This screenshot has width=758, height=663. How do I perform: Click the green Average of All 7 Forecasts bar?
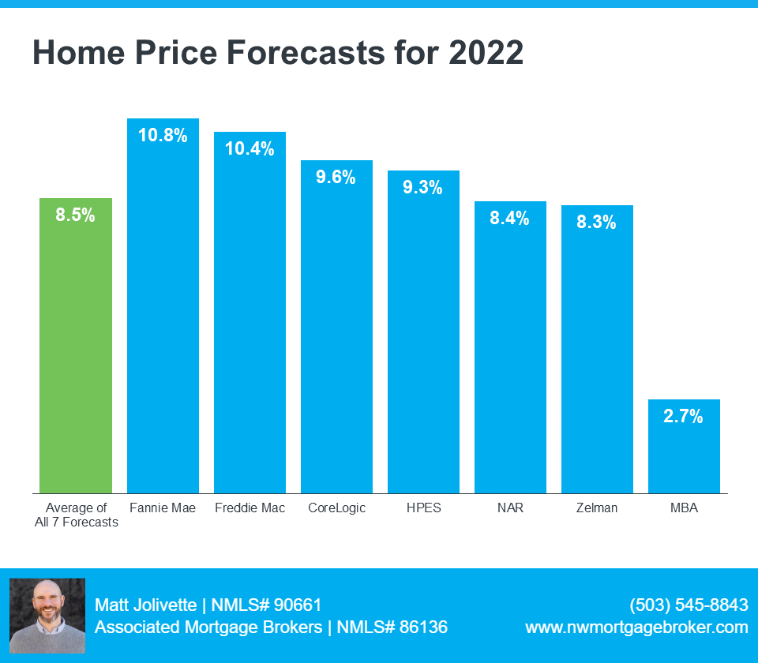(x=76, y=346)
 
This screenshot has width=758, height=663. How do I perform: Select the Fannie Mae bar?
(x=163, y=306)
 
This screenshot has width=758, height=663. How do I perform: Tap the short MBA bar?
(x=684, y=446)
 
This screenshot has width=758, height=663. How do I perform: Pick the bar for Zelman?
(x=597, y=350)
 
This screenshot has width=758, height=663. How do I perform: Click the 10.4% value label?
(x=250, y=148)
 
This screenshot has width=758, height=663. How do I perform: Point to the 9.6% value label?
(x=336, y=177)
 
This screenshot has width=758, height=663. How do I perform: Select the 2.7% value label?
(x=683, y=416)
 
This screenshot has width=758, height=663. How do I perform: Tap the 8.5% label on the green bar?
(x=76, y=215)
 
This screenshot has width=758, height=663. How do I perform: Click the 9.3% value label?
(x=422, y=187)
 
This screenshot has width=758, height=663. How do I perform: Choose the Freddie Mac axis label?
(x=250, y=508)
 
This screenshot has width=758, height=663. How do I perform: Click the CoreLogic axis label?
(x=337, y=508)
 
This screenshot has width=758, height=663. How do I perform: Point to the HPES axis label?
(x=424, y=508)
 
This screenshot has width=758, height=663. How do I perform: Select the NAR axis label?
(x=511, y=508)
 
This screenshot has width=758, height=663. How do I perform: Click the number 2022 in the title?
(x=486, y=52)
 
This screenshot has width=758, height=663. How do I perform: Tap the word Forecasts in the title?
(x=306, y=52)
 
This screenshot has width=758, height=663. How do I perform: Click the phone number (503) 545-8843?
(x=689, y=605)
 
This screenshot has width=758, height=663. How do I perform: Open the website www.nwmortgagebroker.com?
(x=636, y=627)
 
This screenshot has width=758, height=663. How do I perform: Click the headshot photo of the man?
(x=47, y=616)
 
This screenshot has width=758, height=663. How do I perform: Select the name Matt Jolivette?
(x=145, y=605)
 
